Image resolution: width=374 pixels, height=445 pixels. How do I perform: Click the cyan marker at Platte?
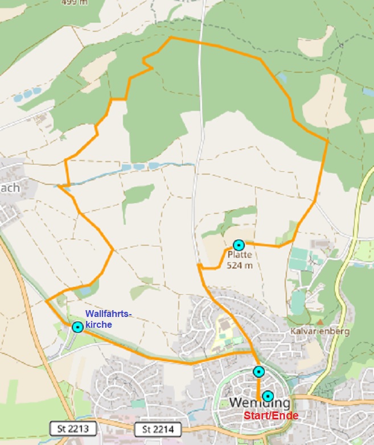pos(239,245)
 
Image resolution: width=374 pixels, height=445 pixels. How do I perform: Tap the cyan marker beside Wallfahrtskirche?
pos(77,327)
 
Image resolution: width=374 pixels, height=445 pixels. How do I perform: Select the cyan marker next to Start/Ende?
pos(268,396)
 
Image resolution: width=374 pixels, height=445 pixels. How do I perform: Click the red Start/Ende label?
pos(271,415)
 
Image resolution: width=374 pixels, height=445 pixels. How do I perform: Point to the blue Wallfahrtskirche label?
pos(108,319)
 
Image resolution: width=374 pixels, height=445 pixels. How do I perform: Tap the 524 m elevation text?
pos(240,265)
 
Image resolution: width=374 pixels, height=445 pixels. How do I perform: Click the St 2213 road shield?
pos(73,428)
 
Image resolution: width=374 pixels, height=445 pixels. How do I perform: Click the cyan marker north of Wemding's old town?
pos(259,372)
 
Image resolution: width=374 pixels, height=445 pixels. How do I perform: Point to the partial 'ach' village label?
pos(10,187)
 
